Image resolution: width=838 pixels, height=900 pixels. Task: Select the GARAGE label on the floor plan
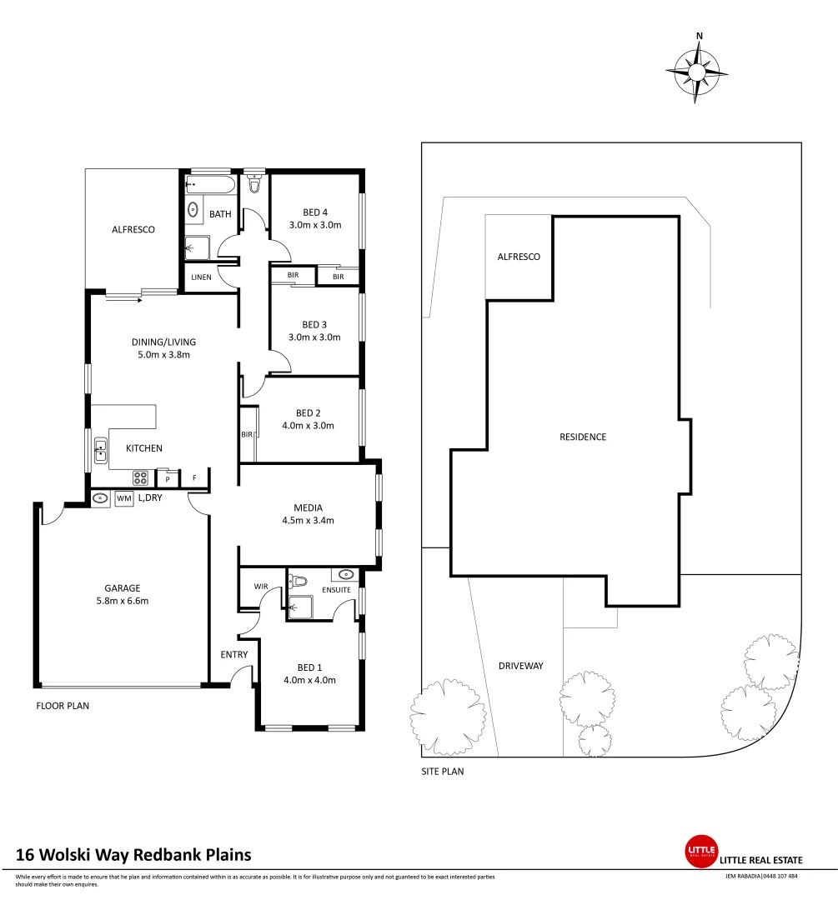pyautogui.click(x=122, y=587)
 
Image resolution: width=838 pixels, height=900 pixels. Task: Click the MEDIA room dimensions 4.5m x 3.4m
pyautogui.click(x=308, y=521)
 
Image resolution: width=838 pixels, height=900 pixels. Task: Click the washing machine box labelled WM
pyautogui.click(x=124, y=498)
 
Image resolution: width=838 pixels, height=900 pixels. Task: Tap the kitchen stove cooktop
pyautogui.click(x=140, y=478)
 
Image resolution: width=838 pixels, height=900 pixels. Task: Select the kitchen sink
pyautogui.click(x=100, y=451)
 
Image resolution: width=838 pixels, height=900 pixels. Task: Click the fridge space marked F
pyautogui.click(x=194, y=478)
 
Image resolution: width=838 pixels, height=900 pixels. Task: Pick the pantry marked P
pyautogui.click(x=168, y=479)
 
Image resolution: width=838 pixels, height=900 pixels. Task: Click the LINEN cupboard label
pyautogui.click(x=201, y=277)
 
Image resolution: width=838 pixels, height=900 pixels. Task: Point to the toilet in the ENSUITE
pyautogui.click(x=298, y=581)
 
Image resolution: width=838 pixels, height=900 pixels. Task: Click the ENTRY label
pyautogui.click(x=234, y=655)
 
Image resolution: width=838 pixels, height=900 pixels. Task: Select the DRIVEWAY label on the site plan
pyautogui.click(x=521, y=666)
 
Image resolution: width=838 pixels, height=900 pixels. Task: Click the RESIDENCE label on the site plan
pyautogui.click(x=583, y=437)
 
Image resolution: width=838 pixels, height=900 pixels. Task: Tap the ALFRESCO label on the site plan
pyautogui.click(x=519, y=257)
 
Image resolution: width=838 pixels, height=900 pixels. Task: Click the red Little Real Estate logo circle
pyautogui.click(x=700, y=850)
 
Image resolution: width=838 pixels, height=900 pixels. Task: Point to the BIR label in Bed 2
pyautogui.click(x=247, y=434)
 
